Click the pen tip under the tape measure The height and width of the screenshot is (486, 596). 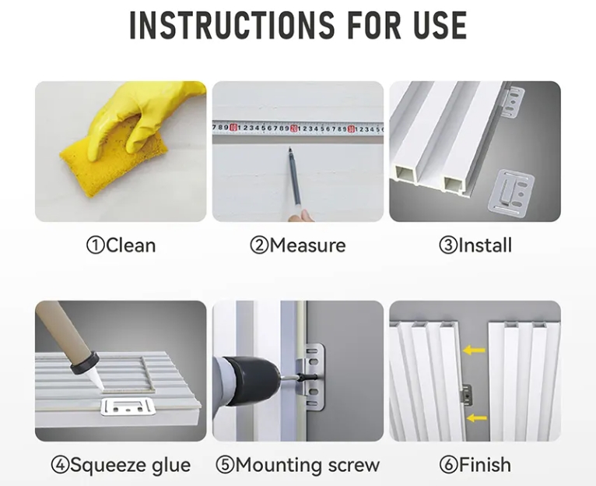(x=289, y=150)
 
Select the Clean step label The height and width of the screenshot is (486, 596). (x=121, y=245)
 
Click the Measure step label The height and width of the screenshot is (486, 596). (x=298, y=245)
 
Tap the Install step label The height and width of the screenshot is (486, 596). (x=475, y=245)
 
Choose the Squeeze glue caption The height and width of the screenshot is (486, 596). (x=121, y=465)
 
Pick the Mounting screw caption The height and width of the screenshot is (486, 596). (x=298, y=465)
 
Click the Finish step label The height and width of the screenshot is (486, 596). (x=475, y=465)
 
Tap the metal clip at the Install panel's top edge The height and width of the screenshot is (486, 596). (x=514, y=101)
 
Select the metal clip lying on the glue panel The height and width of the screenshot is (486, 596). (x=127, y=407)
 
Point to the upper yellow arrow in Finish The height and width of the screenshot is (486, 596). (x=475, y=350)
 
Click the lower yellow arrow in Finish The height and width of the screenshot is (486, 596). (x=477, y=418)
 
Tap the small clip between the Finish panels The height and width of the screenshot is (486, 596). (x=467, y=395)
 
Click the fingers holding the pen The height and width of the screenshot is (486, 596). (x=301, y=217)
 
